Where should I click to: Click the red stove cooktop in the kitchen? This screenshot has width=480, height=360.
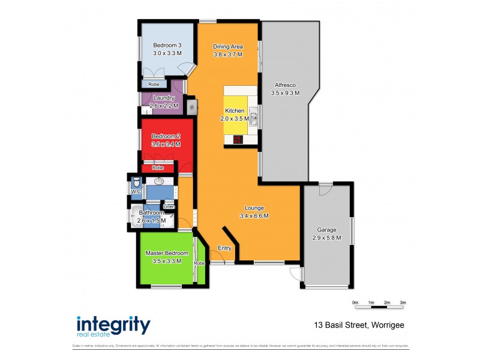pyautogui.click(x=238, y=140)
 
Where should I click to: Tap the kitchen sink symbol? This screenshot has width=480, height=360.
pyautogui.click(x=253, y=119)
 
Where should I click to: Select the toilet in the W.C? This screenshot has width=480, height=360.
pyautogui.click(x=136, y=182)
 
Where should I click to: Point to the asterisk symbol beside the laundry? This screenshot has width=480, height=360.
pyautogui.click(x=192, y=107)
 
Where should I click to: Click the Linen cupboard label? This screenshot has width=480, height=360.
pyautogui.click(x=169, y=207)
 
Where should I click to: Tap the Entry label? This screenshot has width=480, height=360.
pyautogui.click(x=224, y=248)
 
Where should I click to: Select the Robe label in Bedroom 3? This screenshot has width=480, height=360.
pyautogui.click(x=154, y=85)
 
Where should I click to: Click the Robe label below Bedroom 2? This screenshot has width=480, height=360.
pyautogui.click(x=158, y=168)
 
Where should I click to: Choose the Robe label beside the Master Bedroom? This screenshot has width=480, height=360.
pyautogui.click(x=199, y=263)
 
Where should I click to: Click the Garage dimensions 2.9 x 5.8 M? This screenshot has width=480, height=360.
pyautogui.click(x=327, y=238)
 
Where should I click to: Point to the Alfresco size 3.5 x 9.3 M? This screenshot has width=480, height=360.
pyautogui.click(x=286, y=93)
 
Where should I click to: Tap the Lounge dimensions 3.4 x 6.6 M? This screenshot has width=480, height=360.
pyautogui.click(x=254, y=216)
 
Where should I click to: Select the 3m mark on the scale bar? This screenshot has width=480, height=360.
pyautogui.click(x=403, y=302)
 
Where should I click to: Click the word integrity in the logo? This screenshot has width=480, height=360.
pyautogui.click(x=113, y=325)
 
